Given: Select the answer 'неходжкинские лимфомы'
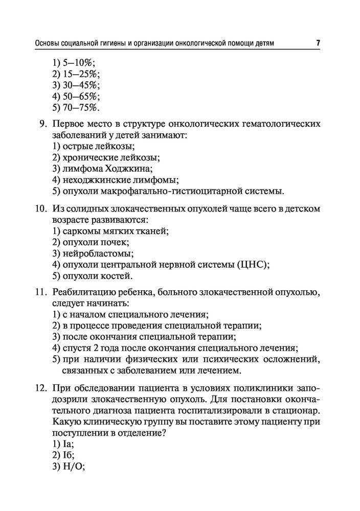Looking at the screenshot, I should pyautogui.click(x=120, y=180).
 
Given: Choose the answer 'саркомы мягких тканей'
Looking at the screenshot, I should pyautogui.click(x=116, y=231).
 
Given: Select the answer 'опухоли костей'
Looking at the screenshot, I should pyautogui.click(x=97, y=276).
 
